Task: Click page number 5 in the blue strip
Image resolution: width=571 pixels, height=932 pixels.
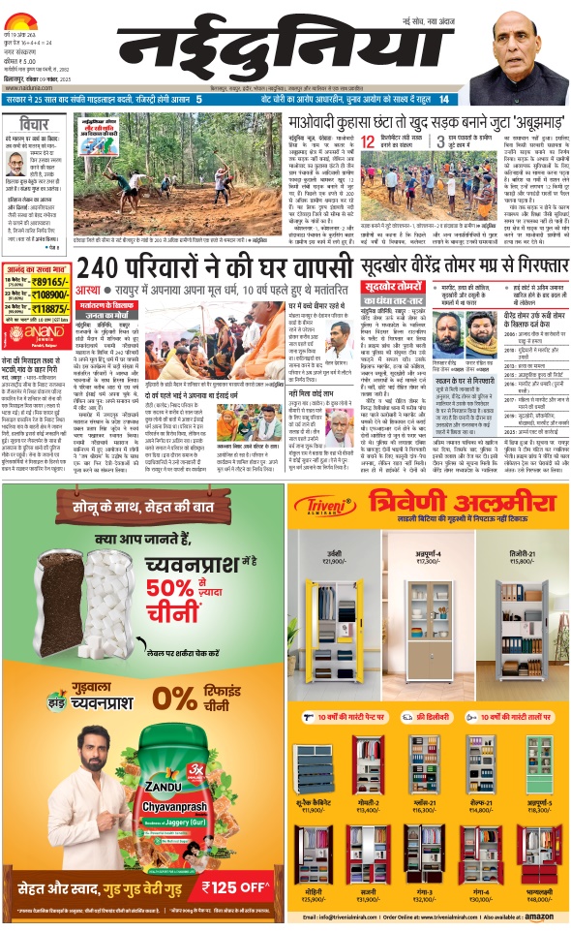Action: (x=198, y=99)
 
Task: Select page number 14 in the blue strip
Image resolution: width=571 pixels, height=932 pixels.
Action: (x=443, y=99)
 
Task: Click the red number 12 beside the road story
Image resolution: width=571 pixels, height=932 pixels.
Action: (x=369, y=141)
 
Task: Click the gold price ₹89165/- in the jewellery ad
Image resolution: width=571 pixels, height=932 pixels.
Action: (x=51, y=280)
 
